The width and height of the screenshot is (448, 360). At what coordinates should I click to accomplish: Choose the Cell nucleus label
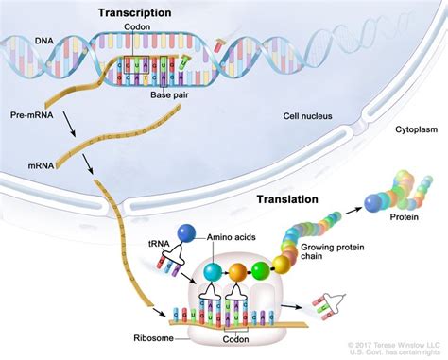tap(311, 117)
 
